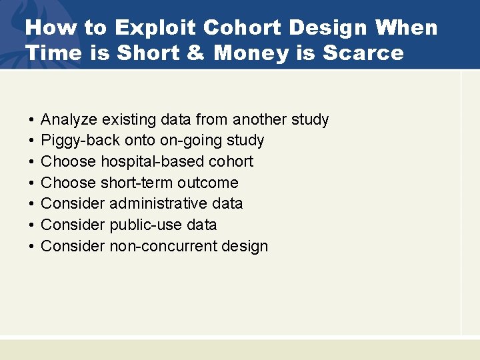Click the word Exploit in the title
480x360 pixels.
(156, 28)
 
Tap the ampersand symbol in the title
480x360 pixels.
(195, 53)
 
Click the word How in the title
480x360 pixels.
(48, 28)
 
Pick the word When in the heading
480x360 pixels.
(407, 28)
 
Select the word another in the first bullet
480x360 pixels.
(261, 119)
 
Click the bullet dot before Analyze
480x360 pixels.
(31, 120)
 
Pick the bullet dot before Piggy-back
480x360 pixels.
(31, 141)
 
